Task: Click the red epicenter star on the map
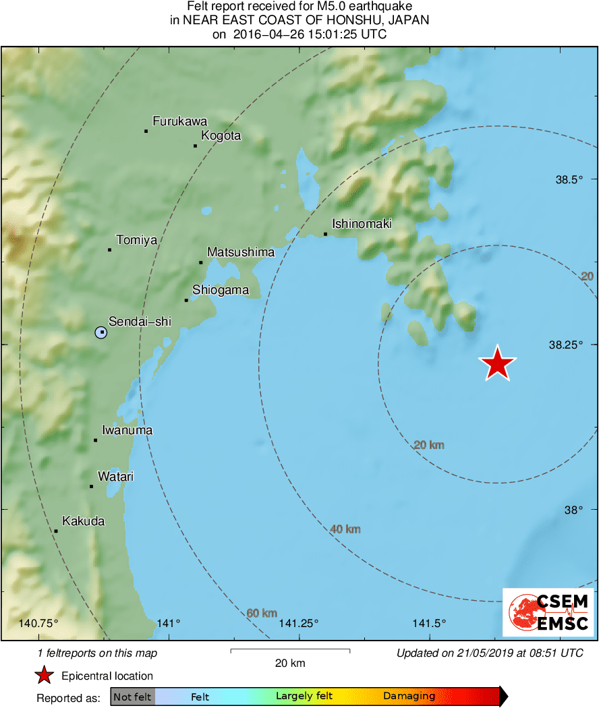click(497, 363)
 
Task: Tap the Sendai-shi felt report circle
click(101, 332)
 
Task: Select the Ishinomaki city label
click(362, 224)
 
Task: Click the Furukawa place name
click(179, 121)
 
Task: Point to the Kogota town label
click(221, 136)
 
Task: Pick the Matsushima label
click(241, 252)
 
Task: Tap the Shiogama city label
click(221, 291)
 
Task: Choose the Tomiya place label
click(136, 239)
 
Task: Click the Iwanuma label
click(127, 430)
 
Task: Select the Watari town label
click(115, 477)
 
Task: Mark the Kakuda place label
click(83, 521)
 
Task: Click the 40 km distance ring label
click(345, 529)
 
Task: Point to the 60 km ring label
click(261, 613)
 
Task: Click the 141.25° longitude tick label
click(297, 623)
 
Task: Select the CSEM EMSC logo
click(548, 612)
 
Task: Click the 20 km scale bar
click(290, 651)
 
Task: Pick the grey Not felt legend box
click(132, 697)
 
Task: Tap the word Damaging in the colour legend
click(409, 697)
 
